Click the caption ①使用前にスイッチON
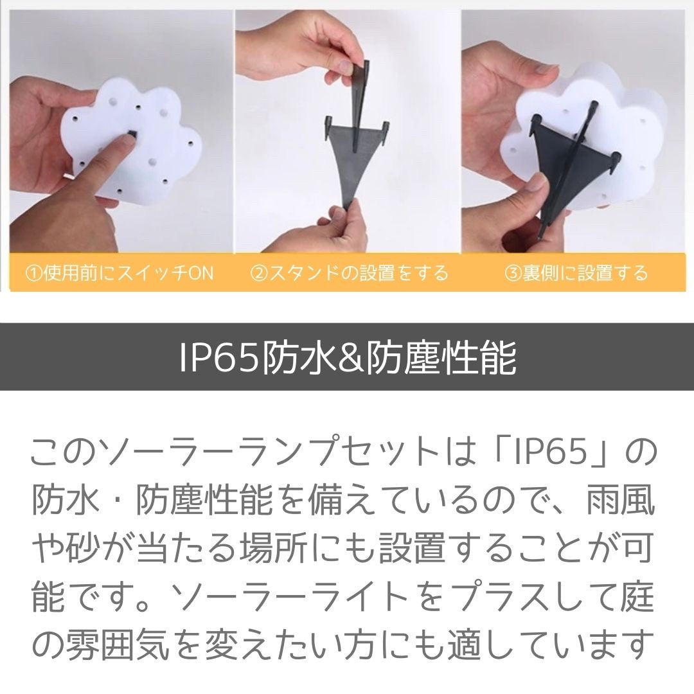tap(118, 272)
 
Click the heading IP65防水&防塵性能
tap(347, 357)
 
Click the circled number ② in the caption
tap(258, 273)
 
